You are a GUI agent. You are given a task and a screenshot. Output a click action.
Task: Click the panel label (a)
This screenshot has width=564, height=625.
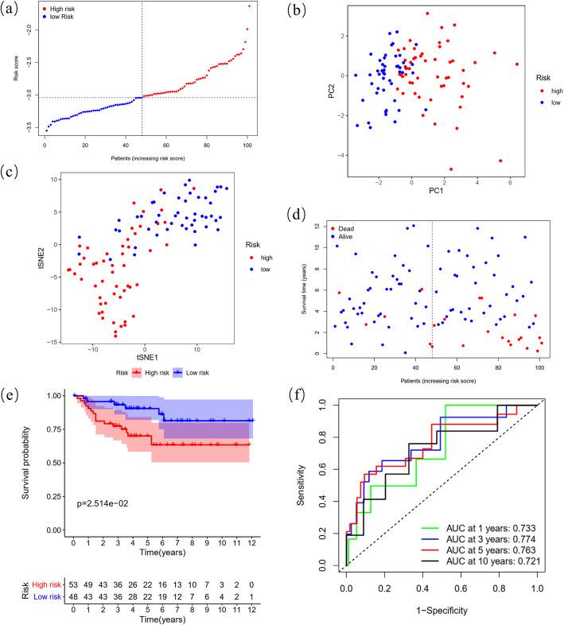coord(10,11)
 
